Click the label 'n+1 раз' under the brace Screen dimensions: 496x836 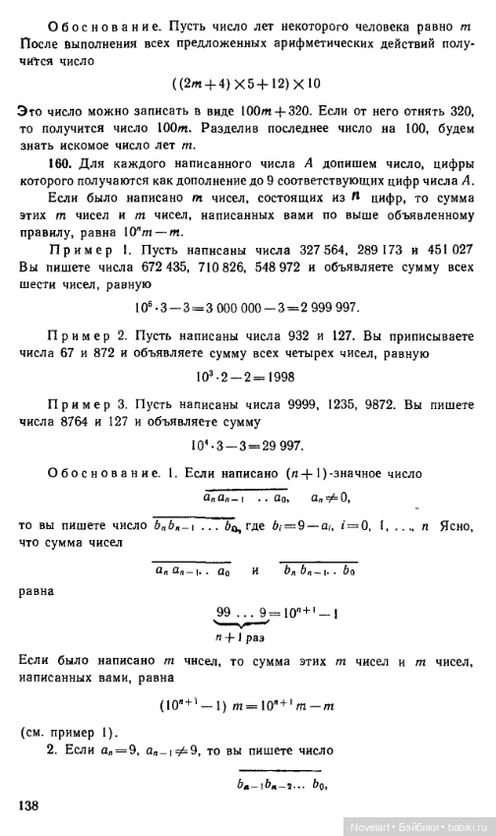pos(241,638)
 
